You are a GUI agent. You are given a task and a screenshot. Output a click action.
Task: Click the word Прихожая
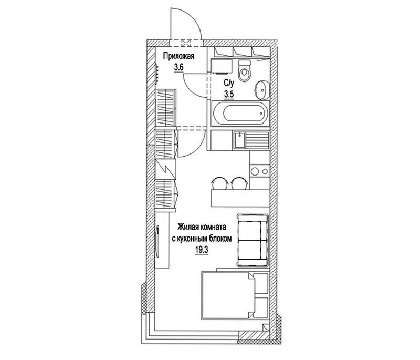178,56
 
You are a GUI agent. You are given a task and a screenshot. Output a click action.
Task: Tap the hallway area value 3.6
178,67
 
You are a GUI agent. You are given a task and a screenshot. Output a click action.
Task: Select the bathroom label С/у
229,83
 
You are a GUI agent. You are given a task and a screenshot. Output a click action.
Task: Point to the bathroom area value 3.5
229,95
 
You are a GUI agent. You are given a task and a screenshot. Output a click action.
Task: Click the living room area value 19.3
202,250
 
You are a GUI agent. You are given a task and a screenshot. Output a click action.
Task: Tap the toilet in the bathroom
245,70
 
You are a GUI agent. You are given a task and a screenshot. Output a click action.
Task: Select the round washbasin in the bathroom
261,90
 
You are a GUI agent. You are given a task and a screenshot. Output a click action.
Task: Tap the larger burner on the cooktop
255,171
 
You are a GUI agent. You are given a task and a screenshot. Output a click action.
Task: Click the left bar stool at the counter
220,183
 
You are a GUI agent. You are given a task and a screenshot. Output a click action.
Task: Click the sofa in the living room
252,240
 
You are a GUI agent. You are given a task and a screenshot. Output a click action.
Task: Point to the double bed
228,295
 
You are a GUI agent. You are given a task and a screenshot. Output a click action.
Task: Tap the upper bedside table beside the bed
261,284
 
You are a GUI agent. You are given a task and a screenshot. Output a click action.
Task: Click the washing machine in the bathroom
222,66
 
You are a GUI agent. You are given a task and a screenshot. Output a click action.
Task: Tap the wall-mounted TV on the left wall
158,242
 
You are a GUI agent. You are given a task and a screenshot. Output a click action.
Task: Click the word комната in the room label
211,228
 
